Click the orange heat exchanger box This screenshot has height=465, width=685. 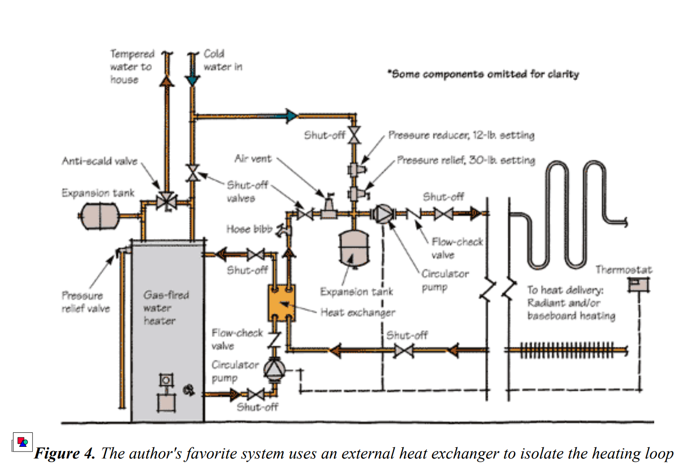click(282, 303)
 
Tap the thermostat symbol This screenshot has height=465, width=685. click(638, 284)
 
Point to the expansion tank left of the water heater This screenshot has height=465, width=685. click(99, 216)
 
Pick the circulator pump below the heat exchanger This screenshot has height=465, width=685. click(274, 369)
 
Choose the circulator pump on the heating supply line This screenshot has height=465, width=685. click(383, 214)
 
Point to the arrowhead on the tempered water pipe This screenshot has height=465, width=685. click(166, 81)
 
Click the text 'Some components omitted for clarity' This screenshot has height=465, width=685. click(484, 74)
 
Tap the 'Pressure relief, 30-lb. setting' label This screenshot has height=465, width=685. click(466, 160)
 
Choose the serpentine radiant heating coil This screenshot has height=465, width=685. click(568, 214)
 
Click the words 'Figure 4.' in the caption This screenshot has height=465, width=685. click(65, 453)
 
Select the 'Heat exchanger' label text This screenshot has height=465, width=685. click(358, 312)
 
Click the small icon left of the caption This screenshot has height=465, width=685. click(22, 442)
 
